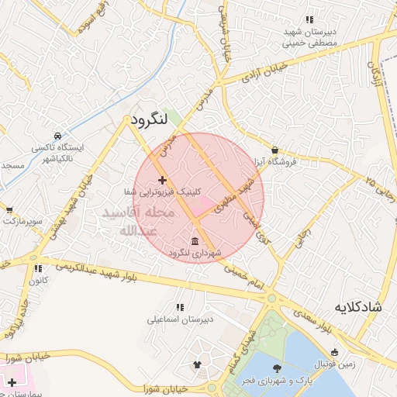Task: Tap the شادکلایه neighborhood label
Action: pos(359,307)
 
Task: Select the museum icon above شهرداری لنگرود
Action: pos(193,240)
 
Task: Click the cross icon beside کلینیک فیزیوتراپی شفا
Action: pos(162,181)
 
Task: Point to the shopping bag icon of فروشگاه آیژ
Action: pos(275,150)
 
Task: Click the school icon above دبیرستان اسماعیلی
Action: pos(181,307)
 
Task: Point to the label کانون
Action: pos(39,279)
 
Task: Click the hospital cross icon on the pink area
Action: pos(12,382)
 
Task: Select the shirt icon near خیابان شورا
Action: pos(197,364)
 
